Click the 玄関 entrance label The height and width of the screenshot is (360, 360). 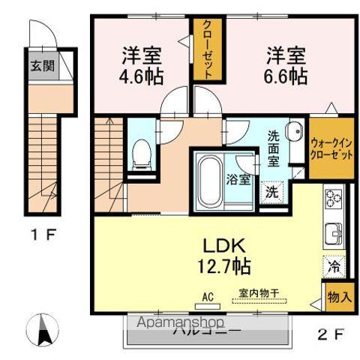[42, 65]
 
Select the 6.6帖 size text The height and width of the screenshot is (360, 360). [286, 76]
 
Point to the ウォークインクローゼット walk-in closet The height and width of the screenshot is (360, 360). [331, 148]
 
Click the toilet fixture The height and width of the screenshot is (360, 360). [140, 154]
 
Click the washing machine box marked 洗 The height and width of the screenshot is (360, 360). [271, 190]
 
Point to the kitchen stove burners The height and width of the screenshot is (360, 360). [333, 199]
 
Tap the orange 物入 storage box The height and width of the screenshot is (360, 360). [339, 297]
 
